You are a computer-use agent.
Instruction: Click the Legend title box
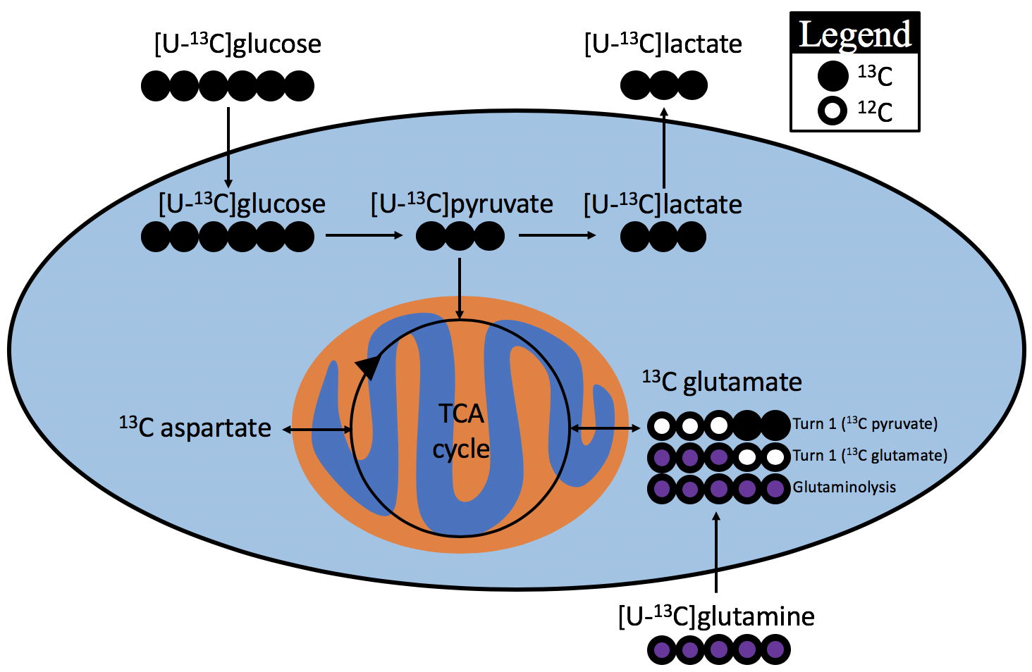(x=854, y=34)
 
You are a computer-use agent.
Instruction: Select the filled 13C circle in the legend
(x=833, y=76)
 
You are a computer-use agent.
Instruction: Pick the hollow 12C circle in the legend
(x=833, y=111)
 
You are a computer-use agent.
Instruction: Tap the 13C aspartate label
(x=195, y=428)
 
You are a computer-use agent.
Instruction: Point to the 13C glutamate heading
(x=722, y=382)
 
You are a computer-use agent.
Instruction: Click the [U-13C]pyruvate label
(x=462, y=204)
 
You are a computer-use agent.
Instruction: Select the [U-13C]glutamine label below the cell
(x=716, y=616)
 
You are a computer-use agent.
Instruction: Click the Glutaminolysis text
(x=844, y=487)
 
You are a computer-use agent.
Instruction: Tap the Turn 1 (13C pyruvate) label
(x=865, y=423)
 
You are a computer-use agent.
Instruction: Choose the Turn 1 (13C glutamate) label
(x=870, y=455)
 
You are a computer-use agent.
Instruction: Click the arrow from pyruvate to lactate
(x=557, y=235)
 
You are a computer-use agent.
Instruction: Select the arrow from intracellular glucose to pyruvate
(x=364, y=235)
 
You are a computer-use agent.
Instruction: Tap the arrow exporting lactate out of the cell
(x=663, y=148)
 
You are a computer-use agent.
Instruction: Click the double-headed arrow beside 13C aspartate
(x=317, y=429)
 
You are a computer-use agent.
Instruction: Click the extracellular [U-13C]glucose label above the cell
(x=238, y=44)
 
